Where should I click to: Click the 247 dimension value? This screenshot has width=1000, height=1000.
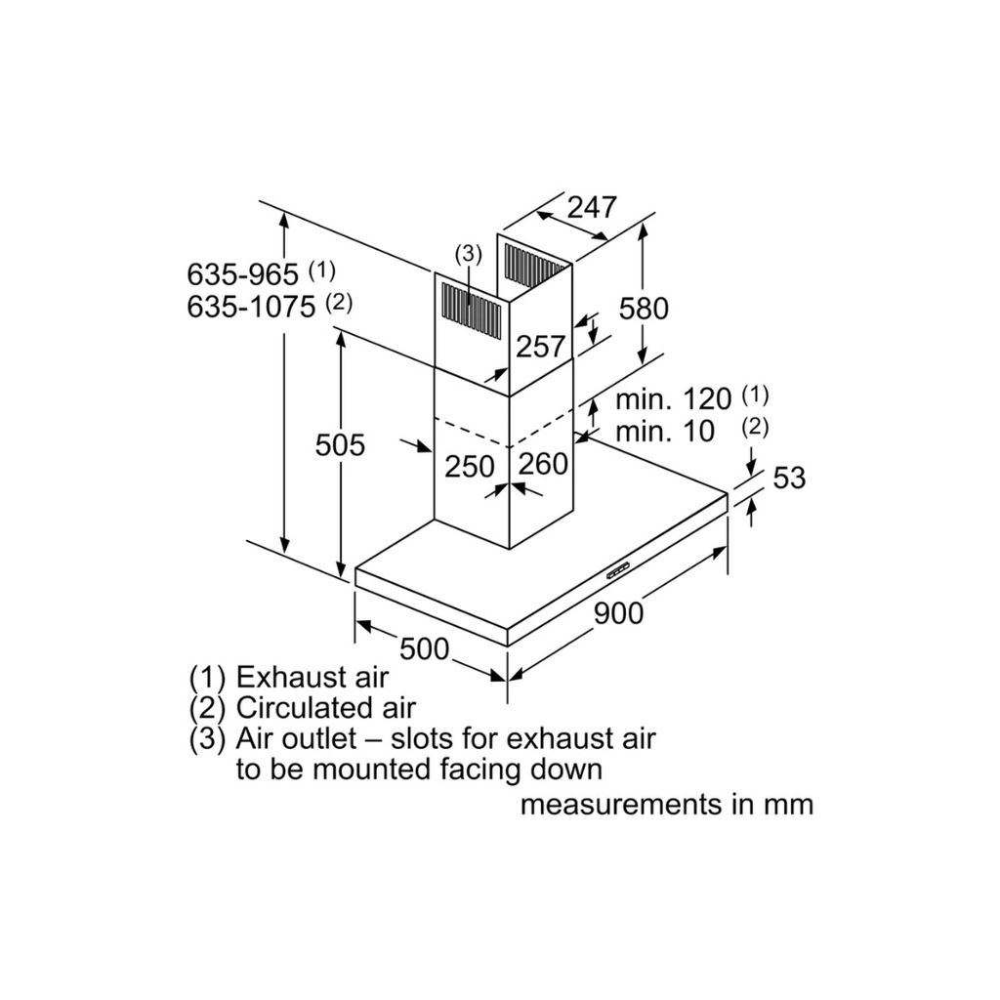pos(593,207)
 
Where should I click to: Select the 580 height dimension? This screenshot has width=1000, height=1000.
pos(645,308)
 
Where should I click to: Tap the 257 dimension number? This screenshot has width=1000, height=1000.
pos(540,346)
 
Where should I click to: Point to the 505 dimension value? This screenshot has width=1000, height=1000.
pos(340,445)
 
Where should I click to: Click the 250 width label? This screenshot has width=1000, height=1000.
pos(470,466)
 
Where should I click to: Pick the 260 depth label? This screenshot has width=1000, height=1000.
pos(543,464)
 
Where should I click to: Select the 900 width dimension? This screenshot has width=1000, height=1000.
pos(619,612)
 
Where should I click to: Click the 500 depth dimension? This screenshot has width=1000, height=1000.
pos(424,647)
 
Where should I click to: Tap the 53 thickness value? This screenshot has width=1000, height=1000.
pos(789,479)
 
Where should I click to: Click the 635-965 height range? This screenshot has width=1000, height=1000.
pos(243,274)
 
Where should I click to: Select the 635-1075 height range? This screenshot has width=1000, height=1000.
pos(251,307)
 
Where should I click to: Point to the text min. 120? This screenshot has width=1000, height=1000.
pos(673,398)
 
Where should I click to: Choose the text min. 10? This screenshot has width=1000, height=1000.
pos(665,431)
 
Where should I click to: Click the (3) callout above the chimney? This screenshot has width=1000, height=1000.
pos(469,254)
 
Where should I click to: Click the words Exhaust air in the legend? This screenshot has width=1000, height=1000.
pos(312,676)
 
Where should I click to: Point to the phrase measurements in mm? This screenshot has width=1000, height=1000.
pos(666,805)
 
